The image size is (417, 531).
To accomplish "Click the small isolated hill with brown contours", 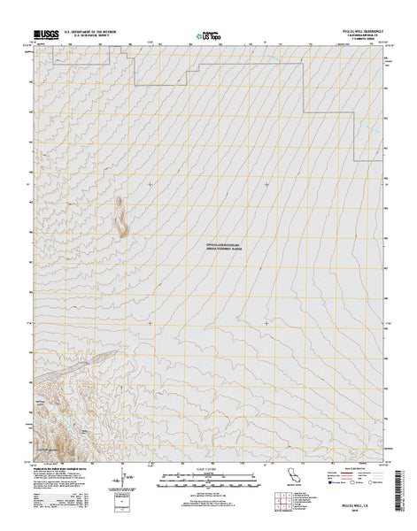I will (x=120, y=218).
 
